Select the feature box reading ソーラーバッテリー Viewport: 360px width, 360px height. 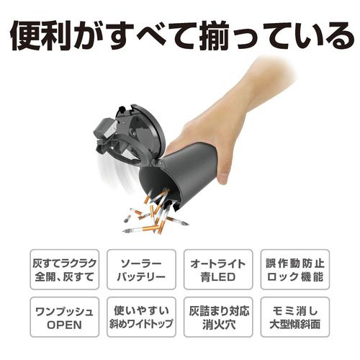(141, 269)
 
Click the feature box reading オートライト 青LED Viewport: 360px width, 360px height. (218, 269)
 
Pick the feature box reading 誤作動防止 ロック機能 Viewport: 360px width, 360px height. (295, 269)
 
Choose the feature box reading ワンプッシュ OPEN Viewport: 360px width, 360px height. (64, 317)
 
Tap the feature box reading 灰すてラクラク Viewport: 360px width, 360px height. (64, 269)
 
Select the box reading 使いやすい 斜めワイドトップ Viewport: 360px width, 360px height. (141, 317)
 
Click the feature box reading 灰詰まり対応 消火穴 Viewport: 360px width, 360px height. (218, 317)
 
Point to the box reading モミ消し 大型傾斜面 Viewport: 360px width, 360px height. (295, 317)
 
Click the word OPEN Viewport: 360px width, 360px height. (64, 325)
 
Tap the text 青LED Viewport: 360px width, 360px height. (218, 277)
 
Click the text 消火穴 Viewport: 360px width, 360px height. (218, 325)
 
